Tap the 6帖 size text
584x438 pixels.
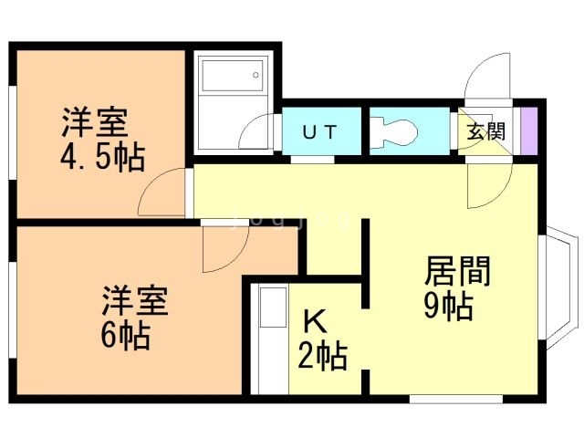[125, 335]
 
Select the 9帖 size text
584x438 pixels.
[447, 306]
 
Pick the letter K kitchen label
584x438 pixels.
[315, 322]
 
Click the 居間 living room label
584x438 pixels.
[458, 272]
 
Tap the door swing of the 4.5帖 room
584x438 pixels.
[162, 192]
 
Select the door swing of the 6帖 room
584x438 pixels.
[223, 250]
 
